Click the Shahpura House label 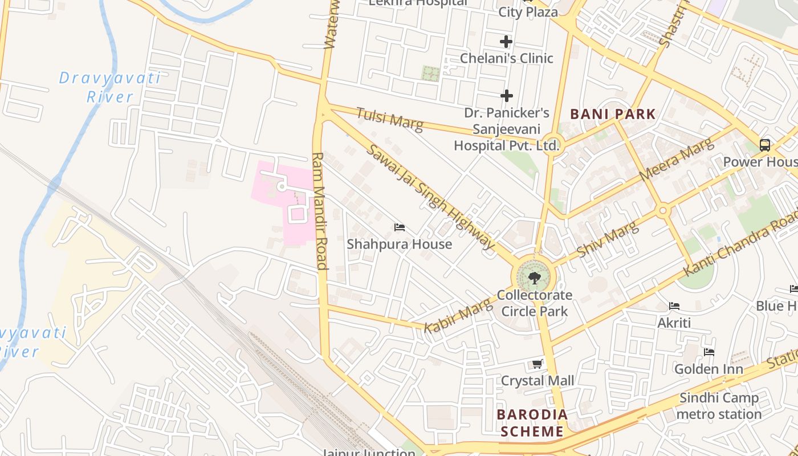coord(399,244)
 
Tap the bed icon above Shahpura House coord(400,227)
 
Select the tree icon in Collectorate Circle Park coord(534,278)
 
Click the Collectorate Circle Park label coord(534,303)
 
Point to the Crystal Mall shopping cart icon coord(537,364)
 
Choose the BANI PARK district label coord(613,114)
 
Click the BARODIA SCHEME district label coord(532,423)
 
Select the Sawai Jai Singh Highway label coord(430,197)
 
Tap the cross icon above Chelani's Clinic coord(506,42)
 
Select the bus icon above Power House coord(765,145)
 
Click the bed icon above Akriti coord(674,306)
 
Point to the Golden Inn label coord(709,369)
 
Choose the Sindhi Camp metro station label coord(719,406)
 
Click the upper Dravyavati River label coord(110,87)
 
